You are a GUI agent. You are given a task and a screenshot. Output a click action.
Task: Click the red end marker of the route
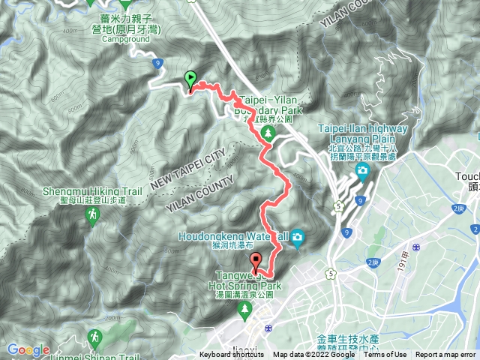click(256, 263)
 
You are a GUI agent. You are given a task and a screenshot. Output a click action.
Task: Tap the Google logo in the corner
click(28, 350)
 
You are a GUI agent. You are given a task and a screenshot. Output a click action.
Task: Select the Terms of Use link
click(385, 355)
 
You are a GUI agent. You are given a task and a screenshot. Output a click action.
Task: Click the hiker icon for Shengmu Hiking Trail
click(92, 216)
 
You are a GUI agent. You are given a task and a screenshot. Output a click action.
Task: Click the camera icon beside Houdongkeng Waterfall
click(298, 238)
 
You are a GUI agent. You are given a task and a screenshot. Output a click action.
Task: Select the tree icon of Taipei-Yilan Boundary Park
click(268, 133)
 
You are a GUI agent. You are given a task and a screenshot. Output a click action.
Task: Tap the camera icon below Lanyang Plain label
click(363, 172)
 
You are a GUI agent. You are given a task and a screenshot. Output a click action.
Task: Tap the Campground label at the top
click(126, 37)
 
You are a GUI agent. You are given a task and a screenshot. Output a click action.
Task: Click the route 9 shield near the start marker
click(157, 64)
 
